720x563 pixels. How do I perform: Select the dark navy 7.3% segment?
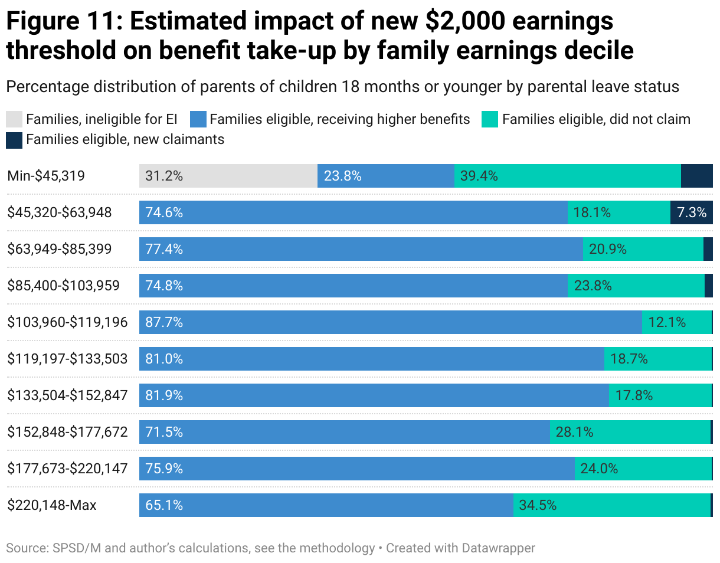(x=691, y=212)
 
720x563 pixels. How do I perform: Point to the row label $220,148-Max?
(x=52, y=505)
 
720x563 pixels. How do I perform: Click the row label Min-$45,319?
(x=47, y=176)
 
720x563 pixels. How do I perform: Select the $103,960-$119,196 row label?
(x=67, y=322)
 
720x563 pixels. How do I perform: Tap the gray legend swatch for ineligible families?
(x=14, y=119)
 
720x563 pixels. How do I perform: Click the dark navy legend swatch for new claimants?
(x=14, y=139)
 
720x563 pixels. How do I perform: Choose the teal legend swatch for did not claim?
(x=490, y=119)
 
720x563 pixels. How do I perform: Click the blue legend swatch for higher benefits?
(x=198, y=119)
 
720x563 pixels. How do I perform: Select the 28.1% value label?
(x=574, y=432)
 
